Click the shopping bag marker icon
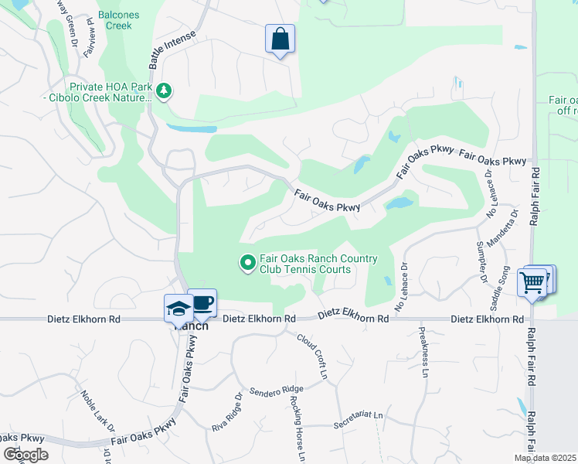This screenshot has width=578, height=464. click(x=280, y=39)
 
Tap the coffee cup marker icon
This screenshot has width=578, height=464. click(x=202, y=302)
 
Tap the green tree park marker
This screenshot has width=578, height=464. click(x=163, y=92)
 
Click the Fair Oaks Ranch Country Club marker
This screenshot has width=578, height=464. click(x=248, y=264)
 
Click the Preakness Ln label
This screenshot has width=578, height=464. click(x=423, y=353)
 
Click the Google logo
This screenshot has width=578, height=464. click(x=25, y=455)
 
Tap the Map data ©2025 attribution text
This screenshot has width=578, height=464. click(x=545, y=458)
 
